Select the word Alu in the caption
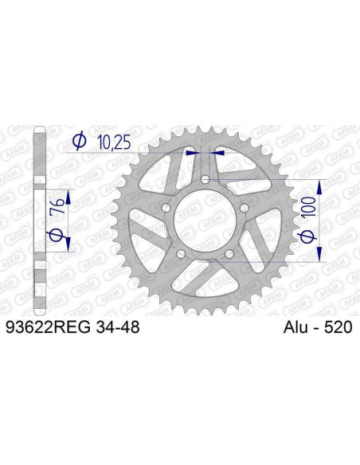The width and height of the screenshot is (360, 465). [296, 327]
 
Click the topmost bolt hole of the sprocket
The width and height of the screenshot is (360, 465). [205, 182]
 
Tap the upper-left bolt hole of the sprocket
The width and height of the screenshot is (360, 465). [166, 209]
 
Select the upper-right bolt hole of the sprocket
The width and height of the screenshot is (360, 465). [243, 209]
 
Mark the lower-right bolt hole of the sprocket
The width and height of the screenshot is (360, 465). [229, 254]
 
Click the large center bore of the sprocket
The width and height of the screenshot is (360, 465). [205, 222]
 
